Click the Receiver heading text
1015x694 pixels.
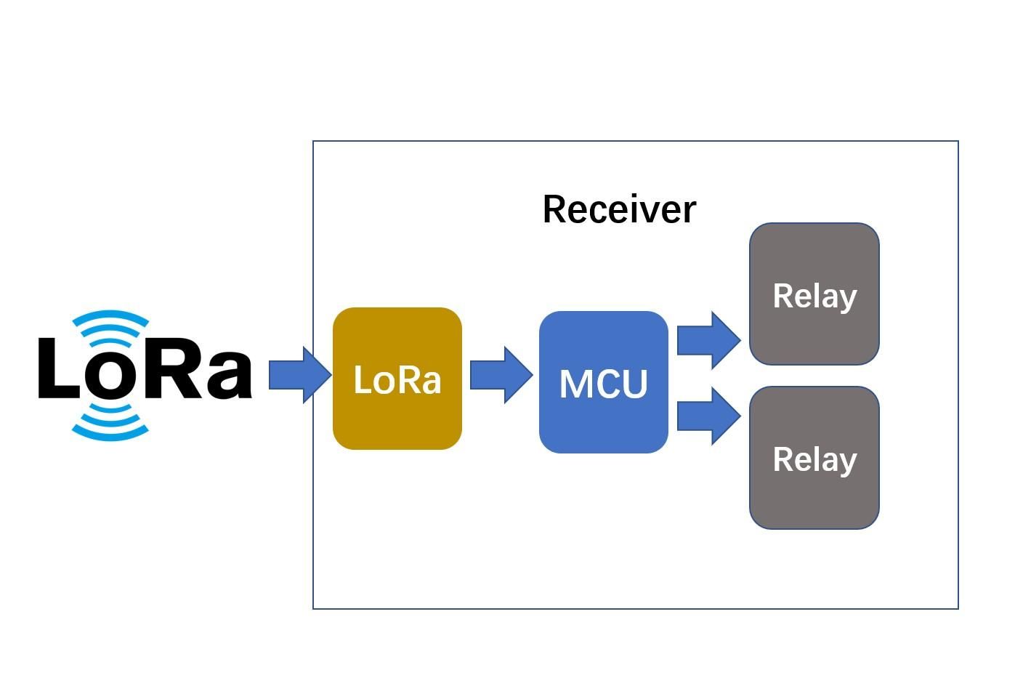click(x=619, y=209)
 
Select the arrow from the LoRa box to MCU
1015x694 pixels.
click(x=501, y=375)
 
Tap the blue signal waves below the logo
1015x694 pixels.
click(x=110, y=424)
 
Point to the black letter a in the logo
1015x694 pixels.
click(x=227, y=375)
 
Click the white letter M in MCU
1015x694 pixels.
click(x=574, y=384)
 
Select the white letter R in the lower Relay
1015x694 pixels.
click(x=783, y=459)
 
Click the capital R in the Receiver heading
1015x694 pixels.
click(x=555, y=209)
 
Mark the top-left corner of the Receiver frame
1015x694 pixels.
click(x=313, y=141)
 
